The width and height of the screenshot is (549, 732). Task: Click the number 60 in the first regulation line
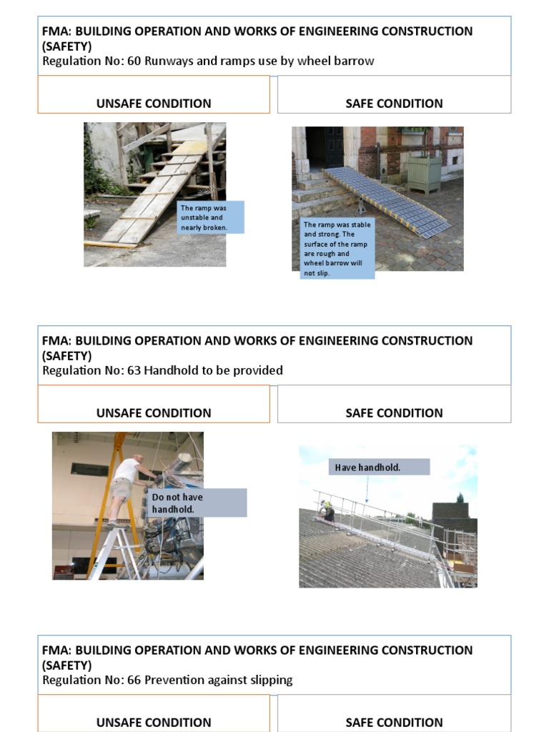point(134,61)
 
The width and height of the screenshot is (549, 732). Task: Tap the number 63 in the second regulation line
point(134,370)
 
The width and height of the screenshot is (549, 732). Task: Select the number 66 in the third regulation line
point(134,680)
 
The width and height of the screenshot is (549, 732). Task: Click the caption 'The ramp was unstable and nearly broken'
point(211,217)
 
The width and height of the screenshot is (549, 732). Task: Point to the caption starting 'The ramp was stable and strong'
point(337,248)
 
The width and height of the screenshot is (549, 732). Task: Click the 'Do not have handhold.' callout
point(197,503)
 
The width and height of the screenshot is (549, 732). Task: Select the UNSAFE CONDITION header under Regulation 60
point(154,104)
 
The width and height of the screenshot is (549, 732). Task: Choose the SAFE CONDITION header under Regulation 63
point(394,413)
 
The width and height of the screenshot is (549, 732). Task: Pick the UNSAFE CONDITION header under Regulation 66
point(154,722)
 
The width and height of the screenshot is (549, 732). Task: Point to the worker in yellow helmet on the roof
point(328,510)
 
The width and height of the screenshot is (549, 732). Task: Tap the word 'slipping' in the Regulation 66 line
point(269,680)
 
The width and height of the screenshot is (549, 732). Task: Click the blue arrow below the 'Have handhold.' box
point(367,489)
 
